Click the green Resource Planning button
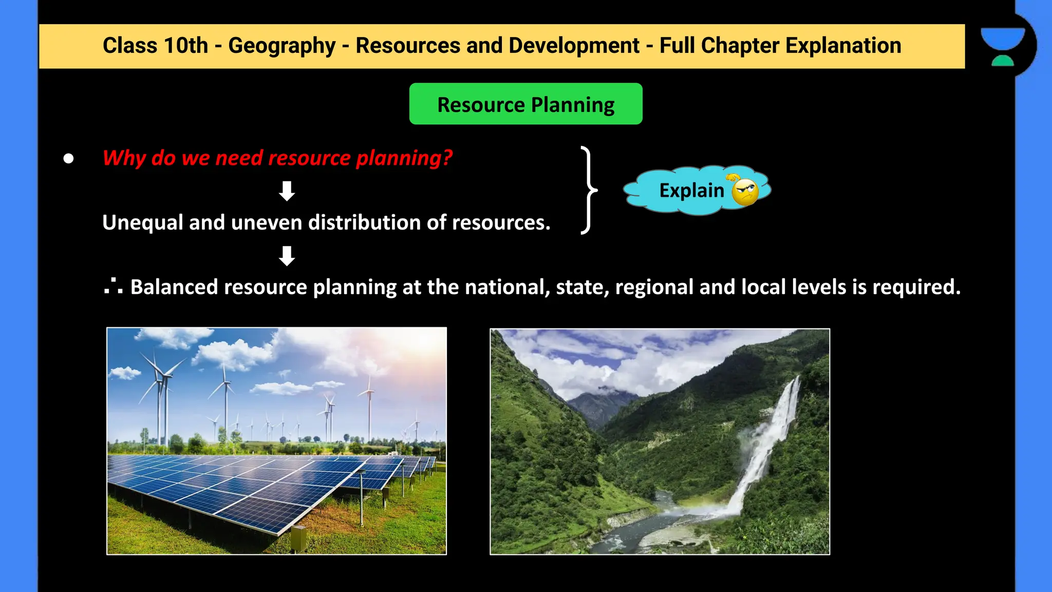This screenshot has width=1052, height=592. pyautogui.click(x=525, y=104)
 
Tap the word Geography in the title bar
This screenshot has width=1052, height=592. pyautogui.click(x=281, y=46)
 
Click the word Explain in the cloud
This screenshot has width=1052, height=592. pyautogui.click(x=691, y=191)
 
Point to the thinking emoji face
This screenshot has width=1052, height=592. pyautogui.click(x=744, y=191)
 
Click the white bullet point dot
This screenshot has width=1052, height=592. pyautogui.click(x=68, y=158)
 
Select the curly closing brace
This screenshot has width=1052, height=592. pyautogui.click(x=588, y=190)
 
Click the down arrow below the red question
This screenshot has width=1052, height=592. pyautogui.click(x=287, y=191)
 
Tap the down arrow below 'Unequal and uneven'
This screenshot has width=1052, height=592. pyautogui.click(x=287, y=255)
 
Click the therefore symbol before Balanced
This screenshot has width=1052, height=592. pyautogui.click(x=113, y=286)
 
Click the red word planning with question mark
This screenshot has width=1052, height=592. pyautogui.click(x=404, y=158)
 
